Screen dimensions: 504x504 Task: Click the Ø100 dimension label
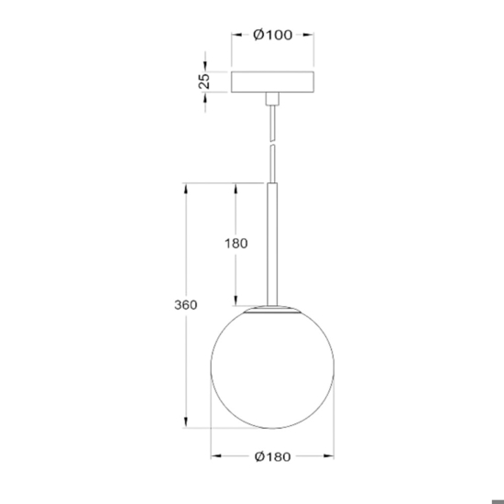tap(272, 35)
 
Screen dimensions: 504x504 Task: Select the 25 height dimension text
tap(204, 81)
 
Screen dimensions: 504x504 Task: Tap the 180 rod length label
tap(236, 244)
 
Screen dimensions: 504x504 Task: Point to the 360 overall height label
tap(186, 305)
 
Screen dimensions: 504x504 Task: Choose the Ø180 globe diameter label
tap(272, 456)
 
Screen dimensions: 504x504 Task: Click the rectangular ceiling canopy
tap(272, 82)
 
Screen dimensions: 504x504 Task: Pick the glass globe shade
tap(272, 367)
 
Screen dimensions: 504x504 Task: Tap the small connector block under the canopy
tap(272, 99)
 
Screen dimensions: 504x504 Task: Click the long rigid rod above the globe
tap(272, 245)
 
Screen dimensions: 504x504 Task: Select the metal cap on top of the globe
tap(272, 309)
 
